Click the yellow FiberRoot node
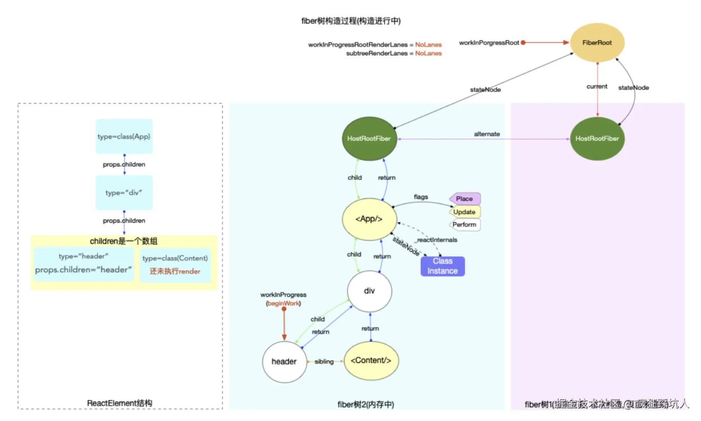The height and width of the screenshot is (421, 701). tap(597, 43)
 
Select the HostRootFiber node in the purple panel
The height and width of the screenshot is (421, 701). tap(597, 139)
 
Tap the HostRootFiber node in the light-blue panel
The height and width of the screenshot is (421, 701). tap(369, 139)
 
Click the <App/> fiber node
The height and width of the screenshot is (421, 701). tap(369, 219)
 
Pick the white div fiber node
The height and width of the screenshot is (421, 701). tap(369, 291)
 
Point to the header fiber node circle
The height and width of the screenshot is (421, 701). tap(284, 362)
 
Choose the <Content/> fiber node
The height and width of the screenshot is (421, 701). tap(371, 361)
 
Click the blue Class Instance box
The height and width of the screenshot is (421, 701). tap(443, 266)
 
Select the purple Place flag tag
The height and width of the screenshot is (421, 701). tap(465, 199)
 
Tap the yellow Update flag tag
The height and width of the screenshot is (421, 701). tap(465, 212)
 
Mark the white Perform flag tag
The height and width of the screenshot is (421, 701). tap(465, 225)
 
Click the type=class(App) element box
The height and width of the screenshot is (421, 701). tap(124, 136)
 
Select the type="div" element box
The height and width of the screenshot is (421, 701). tap(124, 193)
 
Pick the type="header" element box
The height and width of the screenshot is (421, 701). tap(84, 263)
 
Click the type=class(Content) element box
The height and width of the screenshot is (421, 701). tap(175, 264)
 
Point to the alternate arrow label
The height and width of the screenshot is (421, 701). tap(487, 134)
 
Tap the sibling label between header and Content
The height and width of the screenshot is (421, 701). tap(324, 362)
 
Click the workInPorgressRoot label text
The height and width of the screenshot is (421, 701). tap(489, 43)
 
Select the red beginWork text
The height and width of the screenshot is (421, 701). tap(283, 303)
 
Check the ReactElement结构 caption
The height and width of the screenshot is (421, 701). tap(120, 403)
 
